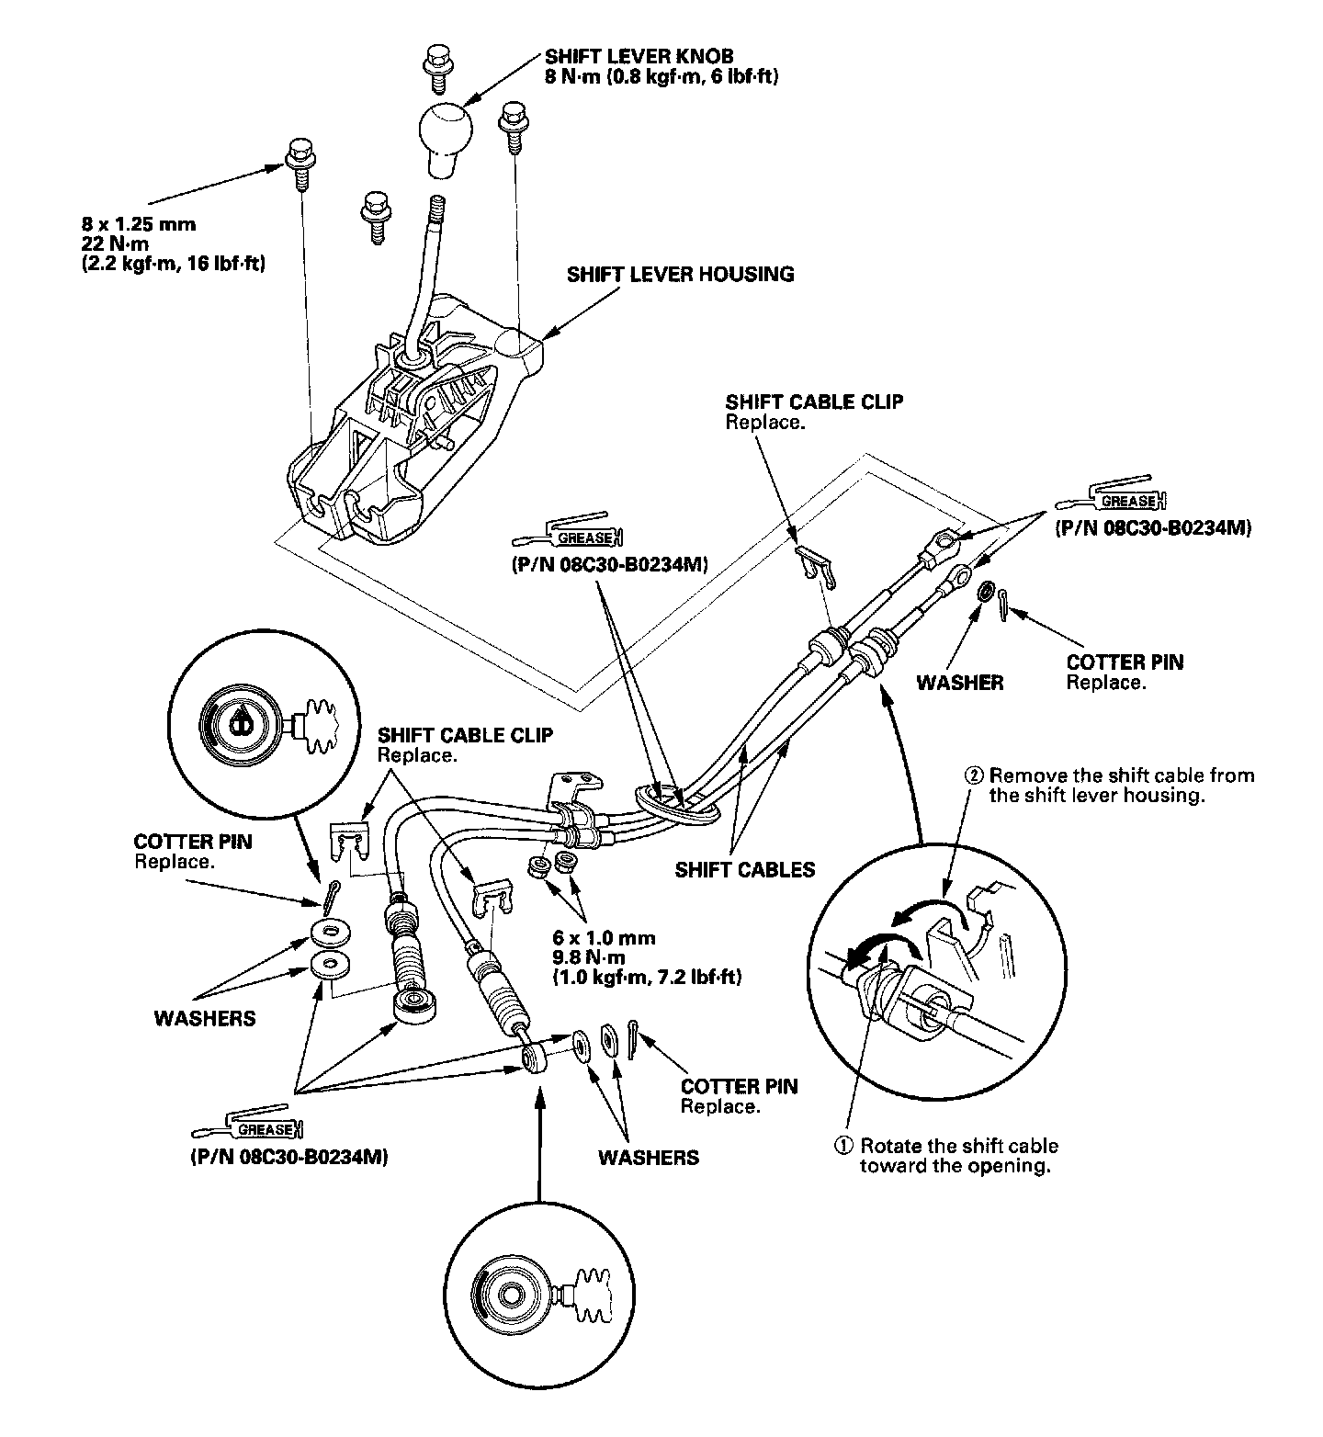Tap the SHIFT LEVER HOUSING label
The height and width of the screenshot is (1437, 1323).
point(680,274)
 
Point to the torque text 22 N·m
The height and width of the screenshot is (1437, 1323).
point(115,243)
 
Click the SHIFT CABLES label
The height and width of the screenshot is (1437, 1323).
point(744,869)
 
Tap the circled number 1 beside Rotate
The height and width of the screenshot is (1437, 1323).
point(842,1146)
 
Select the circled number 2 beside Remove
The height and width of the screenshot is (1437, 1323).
point(974,775)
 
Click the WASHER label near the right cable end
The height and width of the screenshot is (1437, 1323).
point(960,683)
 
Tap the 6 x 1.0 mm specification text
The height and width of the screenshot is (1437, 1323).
point(604,938)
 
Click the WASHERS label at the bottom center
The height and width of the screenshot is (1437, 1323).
point(648,1157)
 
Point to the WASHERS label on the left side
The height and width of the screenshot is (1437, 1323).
point(205,1018)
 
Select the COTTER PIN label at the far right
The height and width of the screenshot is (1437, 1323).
point(1125,662)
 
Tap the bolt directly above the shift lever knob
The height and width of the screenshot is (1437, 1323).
point(435,67)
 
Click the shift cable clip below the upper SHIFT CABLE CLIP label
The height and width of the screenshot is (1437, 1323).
point(815,566)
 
